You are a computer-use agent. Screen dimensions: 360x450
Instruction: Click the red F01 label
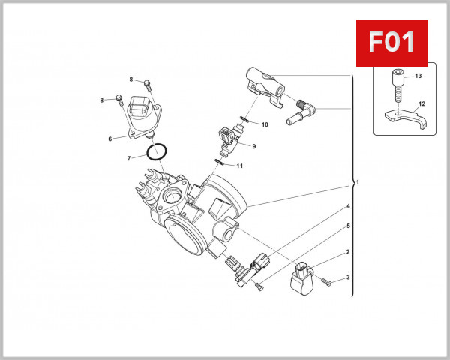pos(391,42)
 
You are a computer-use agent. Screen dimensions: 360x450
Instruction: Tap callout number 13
pos(418,76)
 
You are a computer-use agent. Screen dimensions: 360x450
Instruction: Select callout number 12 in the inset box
pos(422,103)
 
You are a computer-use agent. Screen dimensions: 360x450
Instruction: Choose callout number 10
pos(264,123)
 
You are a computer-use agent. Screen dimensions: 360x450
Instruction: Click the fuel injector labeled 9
pos(229,136)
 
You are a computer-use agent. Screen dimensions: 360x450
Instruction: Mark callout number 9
pos(254,146)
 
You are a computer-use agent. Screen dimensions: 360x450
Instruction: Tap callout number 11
pos(240,165)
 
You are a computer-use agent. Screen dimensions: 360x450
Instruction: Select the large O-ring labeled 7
pos(156,152)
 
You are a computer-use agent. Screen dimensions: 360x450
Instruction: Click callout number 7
pos(129,158)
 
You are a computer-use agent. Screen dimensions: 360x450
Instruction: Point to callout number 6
pos(110,139)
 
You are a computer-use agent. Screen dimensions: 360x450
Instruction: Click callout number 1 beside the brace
pos(358,182)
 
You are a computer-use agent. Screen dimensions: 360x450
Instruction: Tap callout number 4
pos(348,206)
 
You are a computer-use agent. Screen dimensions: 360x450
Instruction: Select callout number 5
pos(348,226)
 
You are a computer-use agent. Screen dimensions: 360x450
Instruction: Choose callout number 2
pos(348,253)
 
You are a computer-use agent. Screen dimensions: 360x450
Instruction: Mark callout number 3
pos(348,279)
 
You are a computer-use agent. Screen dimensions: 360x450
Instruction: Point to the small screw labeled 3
pos(327,281)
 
